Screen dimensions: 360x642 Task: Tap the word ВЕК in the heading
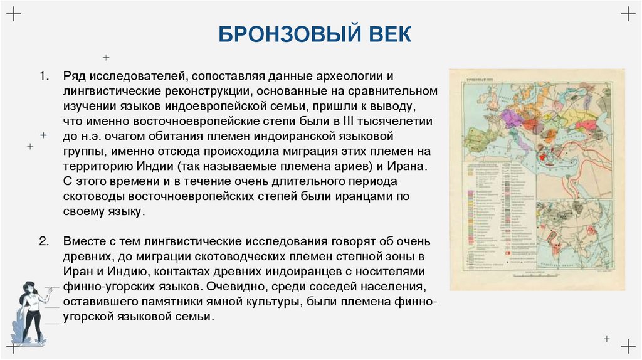coord(388,34)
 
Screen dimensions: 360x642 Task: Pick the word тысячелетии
coord(408,121)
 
